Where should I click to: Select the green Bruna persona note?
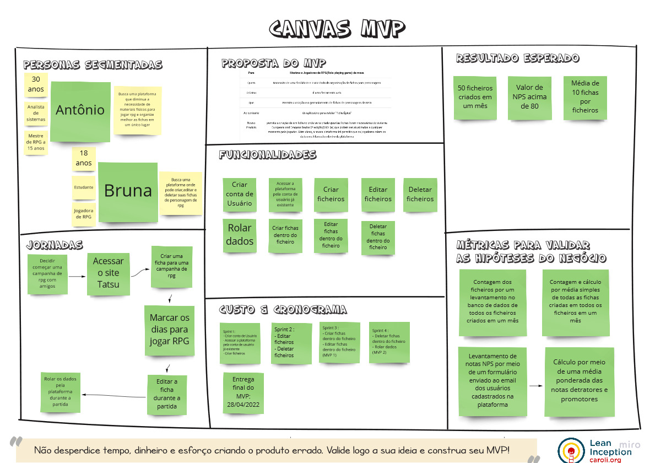point(128,191)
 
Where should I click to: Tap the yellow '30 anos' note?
point(36,84)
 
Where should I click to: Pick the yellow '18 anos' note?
point(84,159)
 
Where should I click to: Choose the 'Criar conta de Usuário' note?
point(240,194)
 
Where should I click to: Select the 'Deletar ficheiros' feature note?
point(420,195)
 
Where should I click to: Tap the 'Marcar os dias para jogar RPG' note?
point(169,330)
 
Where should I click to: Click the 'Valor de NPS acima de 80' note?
point(529,98)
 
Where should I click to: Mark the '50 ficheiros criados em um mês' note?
point(475,98)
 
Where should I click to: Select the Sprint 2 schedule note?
point(292,343)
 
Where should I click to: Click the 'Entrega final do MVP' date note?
point(243,394)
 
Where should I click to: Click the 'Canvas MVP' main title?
point(338,29)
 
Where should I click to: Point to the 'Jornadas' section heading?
point(55,245)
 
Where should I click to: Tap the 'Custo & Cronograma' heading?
point(283,310)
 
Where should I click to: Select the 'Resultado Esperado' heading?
point(517,58)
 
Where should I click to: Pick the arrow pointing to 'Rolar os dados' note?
point(113,395)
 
